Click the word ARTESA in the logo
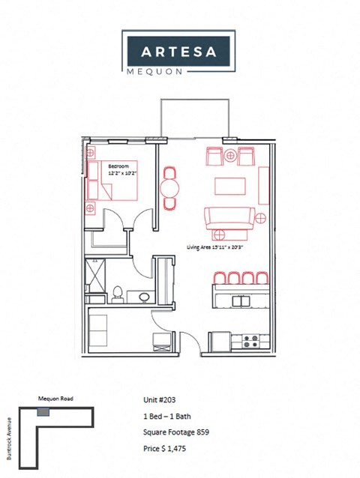pos(179,52)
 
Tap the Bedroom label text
pos(118,165)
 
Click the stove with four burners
pos(250,341)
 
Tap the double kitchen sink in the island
pos(241,300)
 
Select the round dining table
pos(171,187)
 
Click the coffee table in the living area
pos(231,185)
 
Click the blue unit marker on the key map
pos(43,412)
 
